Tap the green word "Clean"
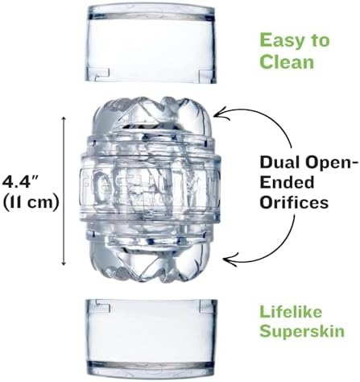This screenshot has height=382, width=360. point(287,61)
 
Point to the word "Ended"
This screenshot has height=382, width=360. point(287,183)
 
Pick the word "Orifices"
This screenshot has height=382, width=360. point(294,202)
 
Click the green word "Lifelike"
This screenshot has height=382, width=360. point(291,312)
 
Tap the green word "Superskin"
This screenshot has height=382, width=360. point(302,331)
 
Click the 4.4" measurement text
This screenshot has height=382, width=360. point(22,181)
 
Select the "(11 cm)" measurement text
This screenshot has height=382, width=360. point(31,202)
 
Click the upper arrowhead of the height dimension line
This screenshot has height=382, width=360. point(64,119)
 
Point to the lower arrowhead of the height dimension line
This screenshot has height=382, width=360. point(64,263)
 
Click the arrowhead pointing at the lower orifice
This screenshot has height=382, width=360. point(228,260)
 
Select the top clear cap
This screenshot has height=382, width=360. point(151,44)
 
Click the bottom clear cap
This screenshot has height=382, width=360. point(151,338)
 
